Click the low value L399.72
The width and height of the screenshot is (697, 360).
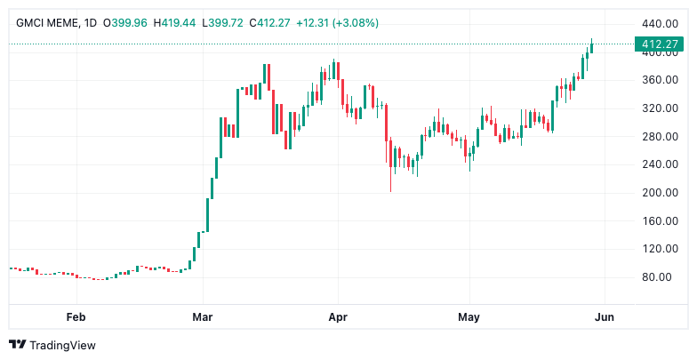click(230, 22)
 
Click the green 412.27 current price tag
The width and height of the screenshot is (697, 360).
click(658, 44)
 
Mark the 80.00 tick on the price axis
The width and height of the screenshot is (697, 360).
click(661, 276)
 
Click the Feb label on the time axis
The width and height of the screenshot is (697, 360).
click(76, 316)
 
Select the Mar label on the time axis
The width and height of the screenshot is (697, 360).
click(203, 316)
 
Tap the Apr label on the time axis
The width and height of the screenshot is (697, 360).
click(337, 316)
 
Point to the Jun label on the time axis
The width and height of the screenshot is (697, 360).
click(605, 316)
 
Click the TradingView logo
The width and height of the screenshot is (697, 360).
click(52, 345)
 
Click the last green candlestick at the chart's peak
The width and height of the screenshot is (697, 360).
click(591, 46)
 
